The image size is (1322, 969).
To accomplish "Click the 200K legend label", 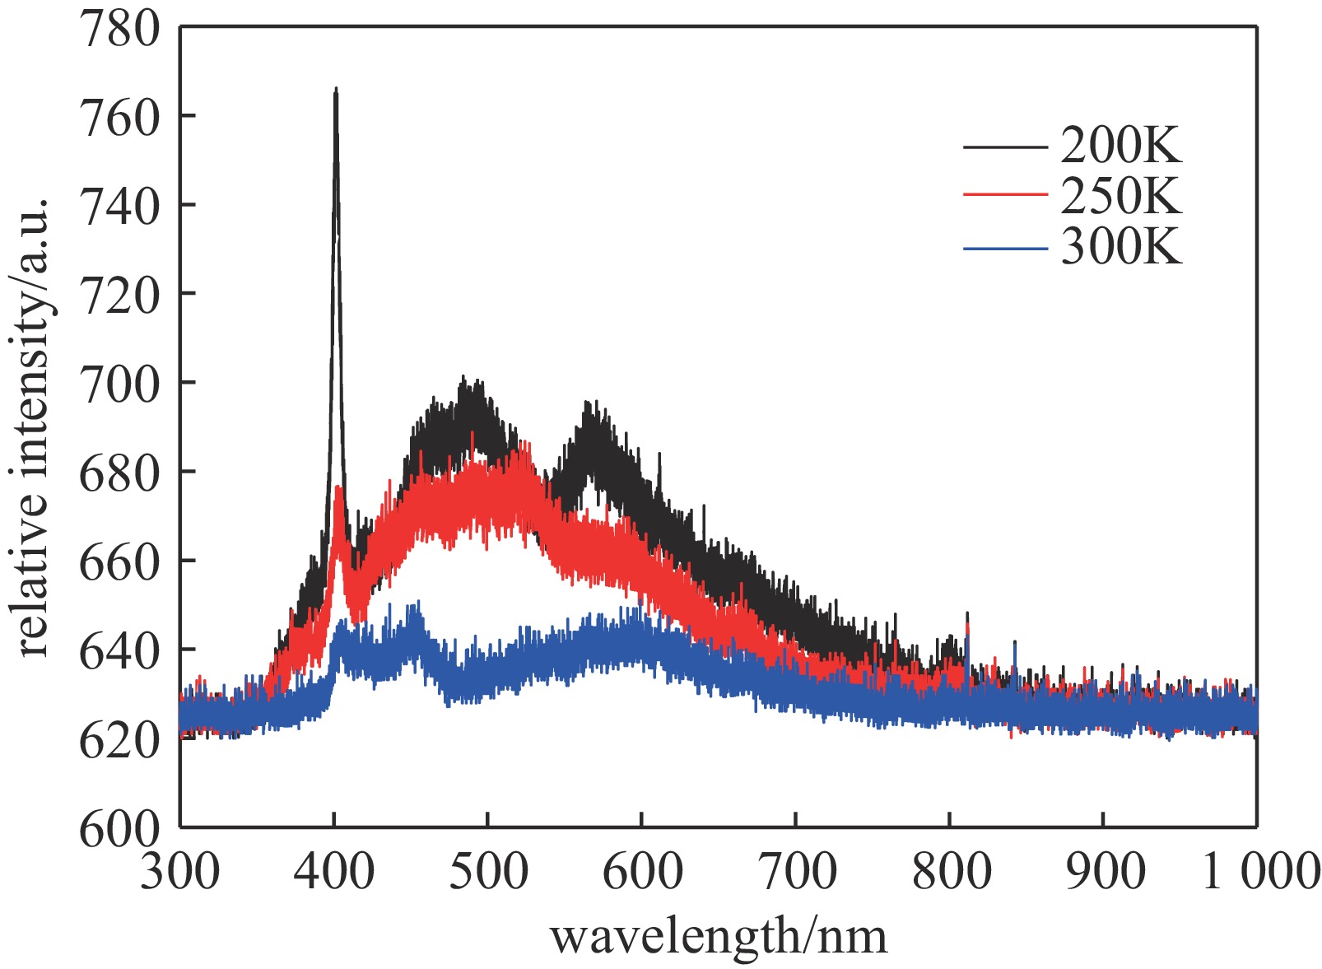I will pyautogui.click(x=1120, y=147).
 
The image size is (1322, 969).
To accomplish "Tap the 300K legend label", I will pyautogui.click(x=1120, y=246).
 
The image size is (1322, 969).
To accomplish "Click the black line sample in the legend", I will pyautogui.click(x=1005, y=147).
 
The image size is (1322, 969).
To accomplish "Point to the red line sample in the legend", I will pyautogui.click(x=1005, y=196).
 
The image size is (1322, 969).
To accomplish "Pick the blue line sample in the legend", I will pyautogui.click(x=1005, y=247).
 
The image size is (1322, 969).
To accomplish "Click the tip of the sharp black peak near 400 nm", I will pyautogui.click(x=336, y=89).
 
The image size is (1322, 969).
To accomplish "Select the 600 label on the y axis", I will pyautogui.click(x=119, y=829).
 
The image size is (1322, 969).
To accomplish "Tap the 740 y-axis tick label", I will pyautogui.click(x=119, y=207).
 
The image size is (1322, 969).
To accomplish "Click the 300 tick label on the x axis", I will pyautogui.click(x=179, y=870).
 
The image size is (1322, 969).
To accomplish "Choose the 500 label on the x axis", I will pyautogui.click(x=487, y=870).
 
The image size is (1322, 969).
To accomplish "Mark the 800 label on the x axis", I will pyautogui.click(x=951, y=870).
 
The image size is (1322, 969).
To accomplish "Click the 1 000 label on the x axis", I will pyautogui.click(x=1260, y=870).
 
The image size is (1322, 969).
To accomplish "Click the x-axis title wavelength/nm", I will pyautogui.click(x=719, y=936).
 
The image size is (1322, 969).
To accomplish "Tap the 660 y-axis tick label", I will pyautogui.click(x=119, y=562).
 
